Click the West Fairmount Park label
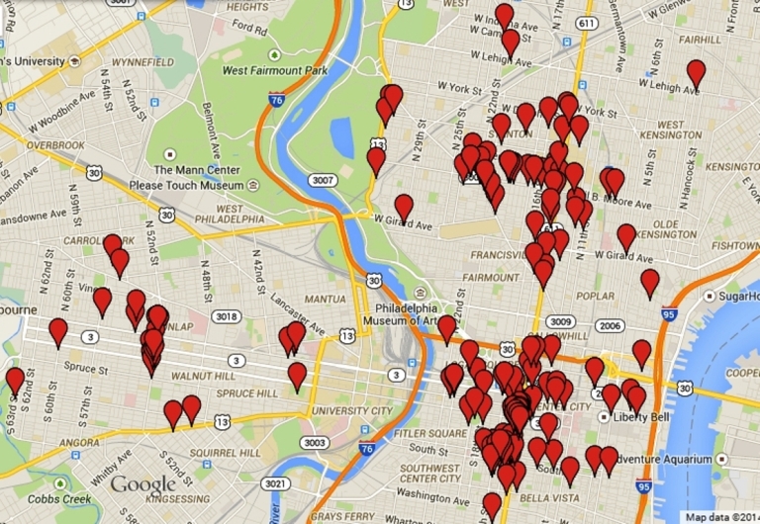(274, 71)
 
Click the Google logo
(142, 484)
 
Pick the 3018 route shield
(228, 316)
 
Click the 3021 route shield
(278, 483)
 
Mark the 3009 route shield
(561, 322)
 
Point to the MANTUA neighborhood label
(326, 298)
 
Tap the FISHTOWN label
(734, 245)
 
